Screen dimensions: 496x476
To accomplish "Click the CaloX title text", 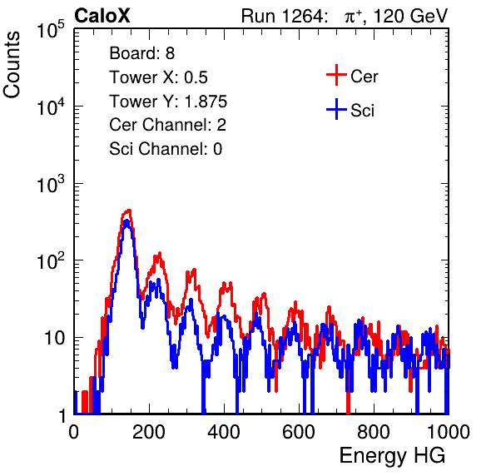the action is (x=102, y=16).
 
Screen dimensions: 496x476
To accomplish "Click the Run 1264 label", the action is (x=283, y=16).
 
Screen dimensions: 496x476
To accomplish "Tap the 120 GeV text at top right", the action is (x=411, y=16).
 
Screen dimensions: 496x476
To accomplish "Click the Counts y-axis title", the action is (x=12, y=65).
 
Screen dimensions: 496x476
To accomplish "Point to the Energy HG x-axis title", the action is (x=392, y=456).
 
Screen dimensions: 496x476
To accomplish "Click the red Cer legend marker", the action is (x=336, y=75).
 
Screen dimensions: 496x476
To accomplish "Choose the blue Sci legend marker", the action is (x=336, y=109).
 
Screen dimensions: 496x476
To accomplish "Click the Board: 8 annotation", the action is (x=142, y=53).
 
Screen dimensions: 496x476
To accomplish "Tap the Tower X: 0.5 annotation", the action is (x=158, y=77).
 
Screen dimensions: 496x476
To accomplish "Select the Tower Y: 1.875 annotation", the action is (x=168, y=102).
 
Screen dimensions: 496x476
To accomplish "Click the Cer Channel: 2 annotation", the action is (x=167, y=125).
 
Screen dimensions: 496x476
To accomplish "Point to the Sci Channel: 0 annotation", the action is (x=166, y=149).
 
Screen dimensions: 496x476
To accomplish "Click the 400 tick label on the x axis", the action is (x=224, y=432).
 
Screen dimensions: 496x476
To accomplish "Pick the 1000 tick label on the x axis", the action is (x=449, y=432).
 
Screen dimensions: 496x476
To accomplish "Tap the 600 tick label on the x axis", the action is (x=299, y=432).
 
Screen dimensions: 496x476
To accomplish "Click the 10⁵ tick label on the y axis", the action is (x=51, y=30).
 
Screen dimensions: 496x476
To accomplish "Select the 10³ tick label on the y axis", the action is (x=51, y=185).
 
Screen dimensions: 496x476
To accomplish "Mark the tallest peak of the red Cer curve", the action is (x=128, y=210).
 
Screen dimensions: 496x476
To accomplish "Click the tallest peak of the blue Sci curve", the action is (x=126, y=221).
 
